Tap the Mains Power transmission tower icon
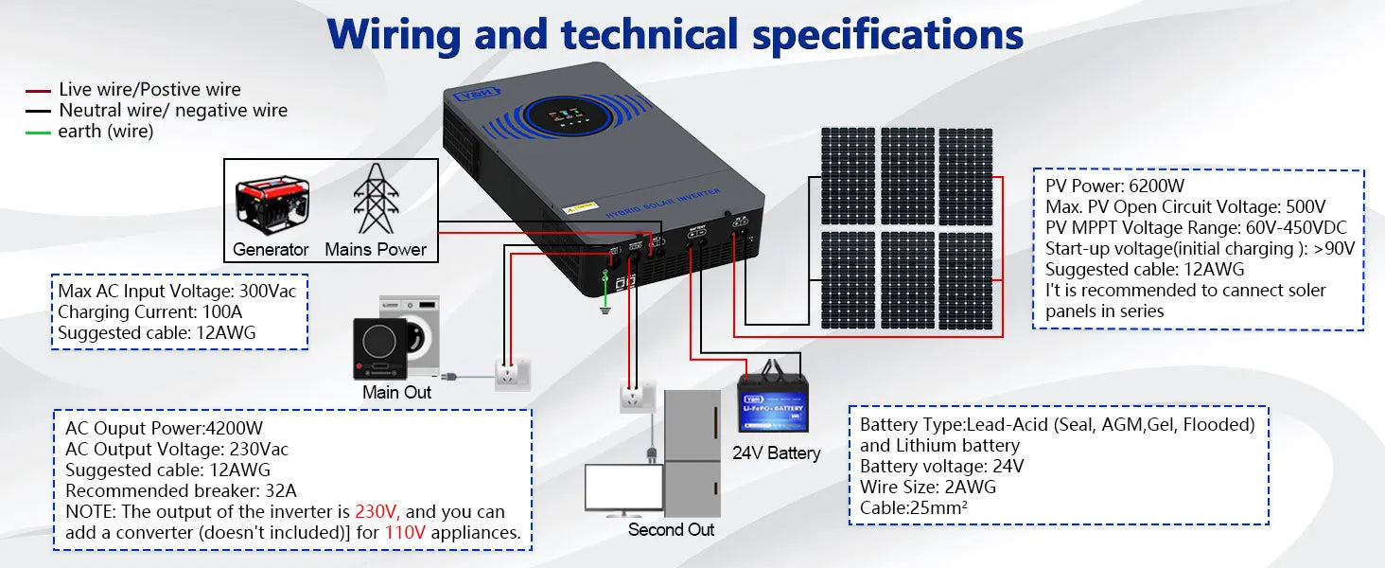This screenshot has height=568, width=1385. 377,199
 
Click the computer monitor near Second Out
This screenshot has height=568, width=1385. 624,490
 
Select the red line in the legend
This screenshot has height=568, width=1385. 38,91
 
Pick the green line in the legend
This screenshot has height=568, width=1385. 38,133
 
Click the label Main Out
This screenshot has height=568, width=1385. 396,392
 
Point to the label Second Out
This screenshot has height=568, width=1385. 671,529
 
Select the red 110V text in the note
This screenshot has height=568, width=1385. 404,533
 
